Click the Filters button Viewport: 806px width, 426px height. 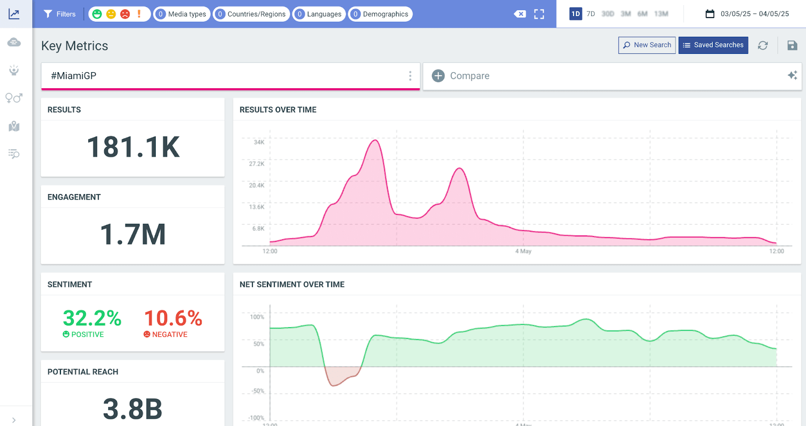59,14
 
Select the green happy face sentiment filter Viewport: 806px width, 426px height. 97,14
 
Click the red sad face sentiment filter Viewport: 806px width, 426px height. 125,14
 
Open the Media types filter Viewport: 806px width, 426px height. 182,14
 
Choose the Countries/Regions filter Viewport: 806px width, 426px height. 251,14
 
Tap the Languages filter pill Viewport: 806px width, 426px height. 319,14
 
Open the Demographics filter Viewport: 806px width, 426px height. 380,14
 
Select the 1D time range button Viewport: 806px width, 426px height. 575,14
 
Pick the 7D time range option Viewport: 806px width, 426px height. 591,14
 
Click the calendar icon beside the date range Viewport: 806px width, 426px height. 710,14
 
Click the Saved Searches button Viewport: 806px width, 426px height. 713,45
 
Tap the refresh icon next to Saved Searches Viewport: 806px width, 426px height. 763,45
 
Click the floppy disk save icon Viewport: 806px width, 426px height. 792,45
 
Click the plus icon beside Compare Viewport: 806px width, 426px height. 438,76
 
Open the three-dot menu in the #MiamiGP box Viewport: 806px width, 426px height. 410,76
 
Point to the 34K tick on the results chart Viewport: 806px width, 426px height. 259,142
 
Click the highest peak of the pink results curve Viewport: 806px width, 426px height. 375,140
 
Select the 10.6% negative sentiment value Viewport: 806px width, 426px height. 173,318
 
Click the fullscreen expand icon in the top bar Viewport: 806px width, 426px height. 539,14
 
